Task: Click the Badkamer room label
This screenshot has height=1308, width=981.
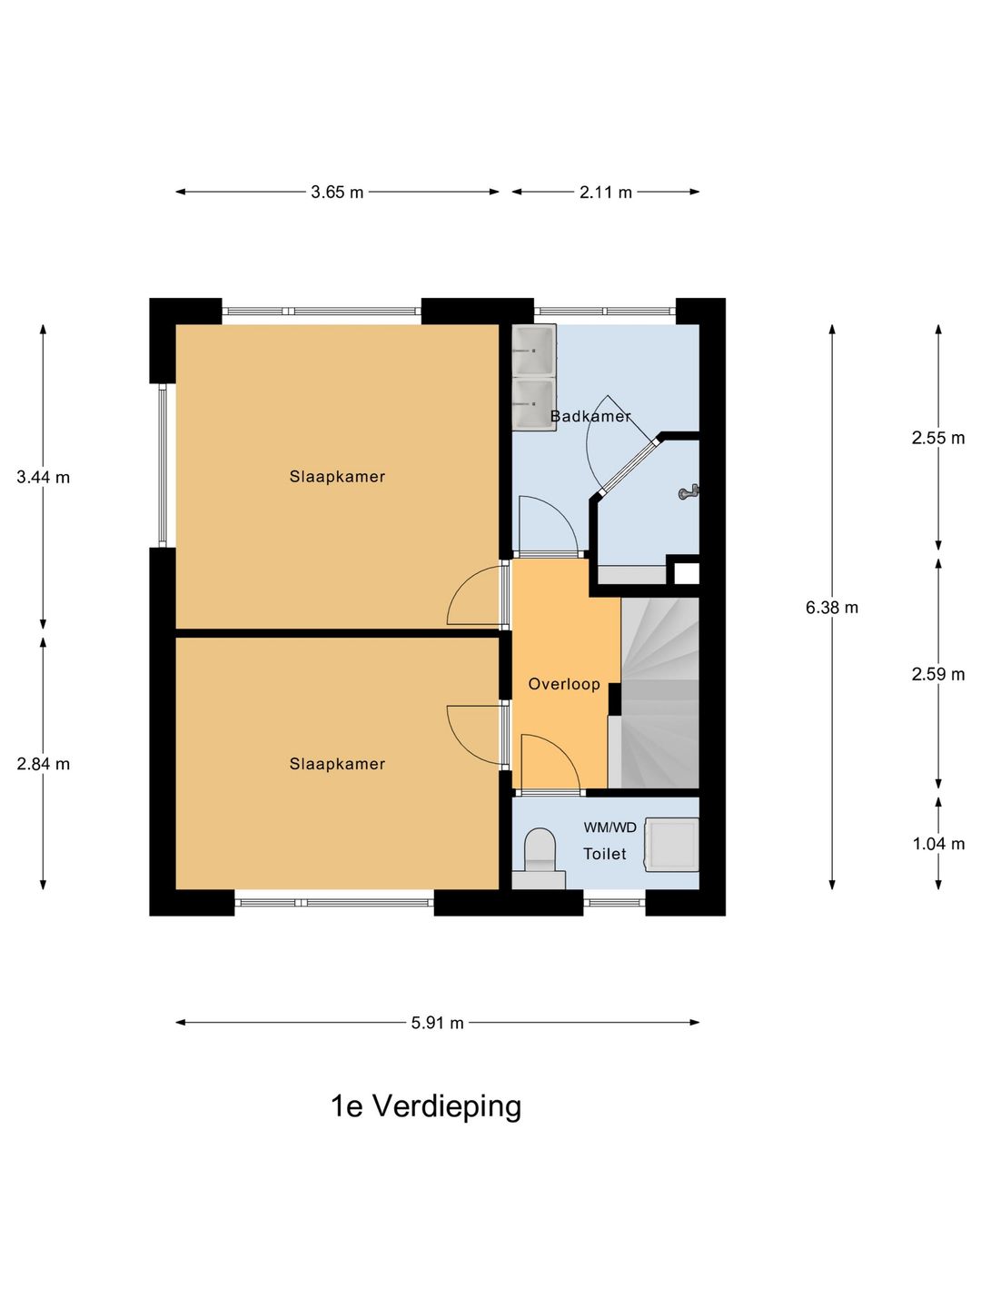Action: point(590,416)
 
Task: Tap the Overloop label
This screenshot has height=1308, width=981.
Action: point(563,683)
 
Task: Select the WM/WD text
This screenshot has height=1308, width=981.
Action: point(609,827)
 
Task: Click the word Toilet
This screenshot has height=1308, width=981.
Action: point(605,854)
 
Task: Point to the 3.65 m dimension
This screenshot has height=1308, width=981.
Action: point(337,192)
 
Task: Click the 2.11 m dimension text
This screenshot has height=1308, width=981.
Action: point(606,192)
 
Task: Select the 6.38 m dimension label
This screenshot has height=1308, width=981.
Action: point(832,608)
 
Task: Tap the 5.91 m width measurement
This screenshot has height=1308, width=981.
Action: point(437,1023)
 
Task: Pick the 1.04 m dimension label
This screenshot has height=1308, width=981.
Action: point(938,844)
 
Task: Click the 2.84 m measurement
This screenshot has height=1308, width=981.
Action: point(44,763)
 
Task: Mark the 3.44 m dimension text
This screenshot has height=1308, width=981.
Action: point(44,477)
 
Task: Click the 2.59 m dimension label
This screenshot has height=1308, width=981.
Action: point(938,674)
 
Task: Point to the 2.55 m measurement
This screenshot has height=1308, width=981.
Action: point(938,438)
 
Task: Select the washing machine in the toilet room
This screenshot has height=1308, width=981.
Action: point(671,845)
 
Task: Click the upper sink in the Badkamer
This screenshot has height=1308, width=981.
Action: point(534,350)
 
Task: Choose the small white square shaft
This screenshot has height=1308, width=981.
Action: point(686,574)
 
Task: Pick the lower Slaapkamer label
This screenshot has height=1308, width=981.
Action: point(337,763)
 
